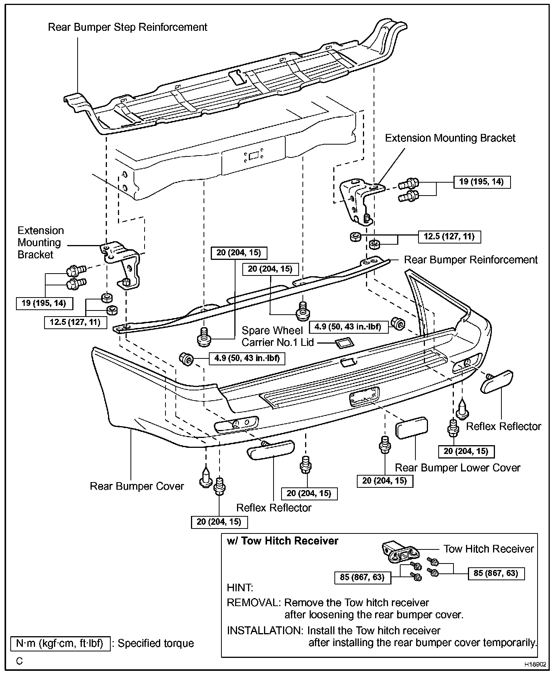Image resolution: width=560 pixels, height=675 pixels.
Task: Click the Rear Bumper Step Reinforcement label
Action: [x=127, y=27]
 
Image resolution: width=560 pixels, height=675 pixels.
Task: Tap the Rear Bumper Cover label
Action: [x=137, y=486]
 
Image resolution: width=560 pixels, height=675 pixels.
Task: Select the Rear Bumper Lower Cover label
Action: [x=457, y=468]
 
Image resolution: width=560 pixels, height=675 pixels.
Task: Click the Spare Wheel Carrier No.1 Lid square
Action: [x=344, y=344]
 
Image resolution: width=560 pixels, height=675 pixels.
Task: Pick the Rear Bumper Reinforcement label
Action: [x=471, y=260]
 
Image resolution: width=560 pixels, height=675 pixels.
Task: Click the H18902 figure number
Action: [x=535, y=665]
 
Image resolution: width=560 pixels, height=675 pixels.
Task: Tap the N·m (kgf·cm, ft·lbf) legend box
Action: [x=60, y=643]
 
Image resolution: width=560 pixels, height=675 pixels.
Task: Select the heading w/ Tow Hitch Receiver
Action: [x=282, y=541]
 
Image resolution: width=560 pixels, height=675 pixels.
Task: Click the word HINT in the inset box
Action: [x=240, y=588]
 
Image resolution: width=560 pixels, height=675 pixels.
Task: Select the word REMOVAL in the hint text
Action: [x=253, y=603]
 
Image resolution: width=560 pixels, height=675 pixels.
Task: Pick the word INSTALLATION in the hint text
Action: [x=265, y=630]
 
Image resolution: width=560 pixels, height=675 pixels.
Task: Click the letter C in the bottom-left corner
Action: [x=19, y=661]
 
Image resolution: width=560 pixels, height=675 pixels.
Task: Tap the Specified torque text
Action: [x=156, y=643]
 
